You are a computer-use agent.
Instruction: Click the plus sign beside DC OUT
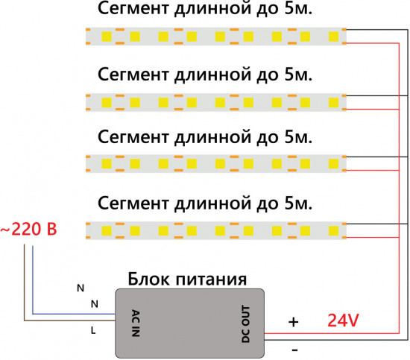click(x=294, y=322)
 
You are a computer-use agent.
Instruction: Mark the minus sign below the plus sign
click(x=294, y=348)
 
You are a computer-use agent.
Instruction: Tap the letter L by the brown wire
click(x=92, y=329)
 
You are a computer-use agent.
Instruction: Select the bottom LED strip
click(x=216, y=228)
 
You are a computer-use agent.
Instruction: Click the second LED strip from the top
click(x=216, y=100)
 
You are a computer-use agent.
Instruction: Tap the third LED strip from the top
click(x=216, y=163)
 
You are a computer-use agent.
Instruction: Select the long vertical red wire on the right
click(x=398, y=186)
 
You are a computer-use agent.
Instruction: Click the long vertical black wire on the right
click(x=406, y=186)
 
